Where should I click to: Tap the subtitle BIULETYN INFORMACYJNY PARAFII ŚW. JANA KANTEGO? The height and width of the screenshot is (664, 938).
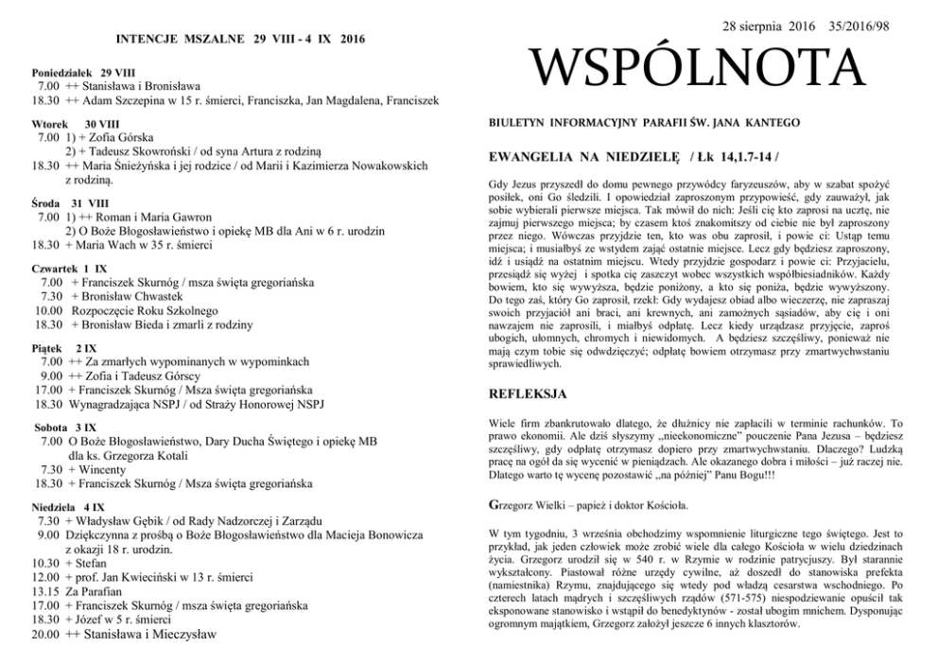[644, 123]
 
